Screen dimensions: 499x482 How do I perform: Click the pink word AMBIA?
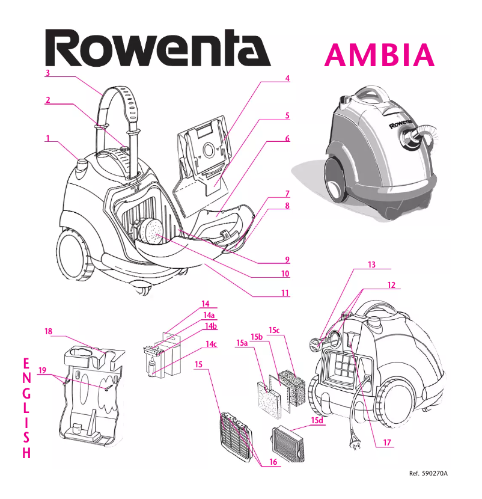point(379,55)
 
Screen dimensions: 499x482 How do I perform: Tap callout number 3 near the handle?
point(47,73)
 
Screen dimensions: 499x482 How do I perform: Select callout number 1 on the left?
point(47,138)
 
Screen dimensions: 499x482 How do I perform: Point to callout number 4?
point(287,79)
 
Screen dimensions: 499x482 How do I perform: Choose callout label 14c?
point(210,344)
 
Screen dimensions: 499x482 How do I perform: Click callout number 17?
point(387,443)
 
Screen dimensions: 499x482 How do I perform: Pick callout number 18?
point(49,331)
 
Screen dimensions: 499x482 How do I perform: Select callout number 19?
point(41,370)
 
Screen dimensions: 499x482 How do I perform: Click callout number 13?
point(371,265)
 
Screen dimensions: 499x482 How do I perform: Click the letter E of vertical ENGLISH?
point(25,364)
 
